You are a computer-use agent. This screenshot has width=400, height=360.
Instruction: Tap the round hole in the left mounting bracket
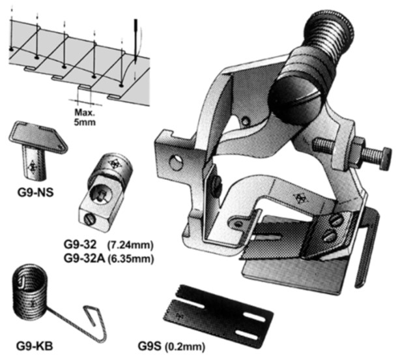tap(175, 160)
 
